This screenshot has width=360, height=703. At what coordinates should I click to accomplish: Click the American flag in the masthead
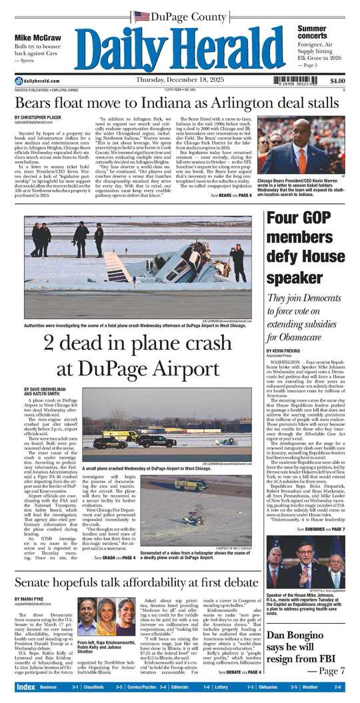click(141, 16)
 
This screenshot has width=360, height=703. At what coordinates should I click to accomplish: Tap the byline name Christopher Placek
click(49, 118)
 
